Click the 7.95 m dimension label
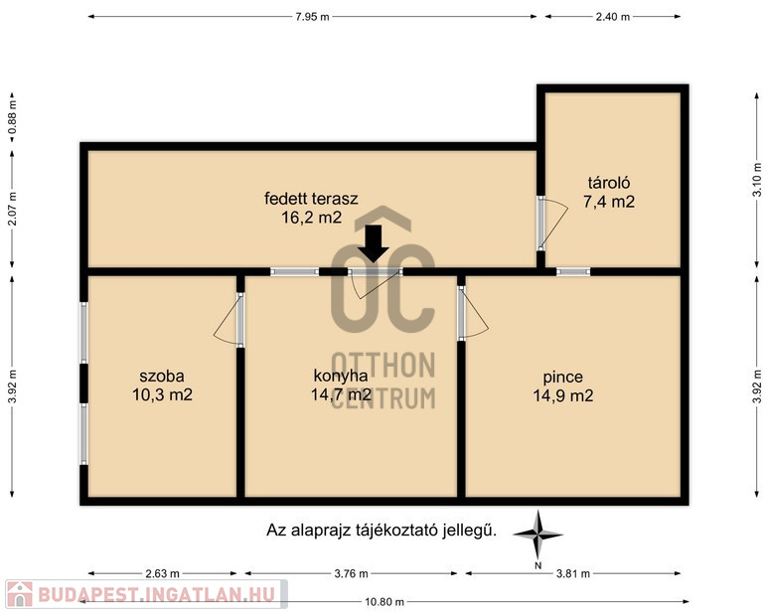(312, 17)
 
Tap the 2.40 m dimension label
(613, 17)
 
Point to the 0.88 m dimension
(13, 117)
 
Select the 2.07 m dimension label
(13, 209)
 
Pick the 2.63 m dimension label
(162, 573)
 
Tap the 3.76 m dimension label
(351, 573)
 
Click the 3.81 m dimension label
(573, 573)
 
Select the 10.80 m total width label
(384, 602)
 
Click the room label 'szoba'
(162, 377)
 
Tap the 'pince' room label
(562, 378)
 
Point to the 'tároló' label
(609, 183)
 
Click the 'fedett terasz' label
(311, 199)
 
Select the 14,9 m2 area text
(562, 395)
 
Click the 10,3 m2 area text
(162, 394)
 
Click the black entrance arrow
(374, 243)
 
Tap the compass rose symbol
(537, 535)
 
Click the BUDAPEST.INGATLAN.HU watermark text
(156, 594)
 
